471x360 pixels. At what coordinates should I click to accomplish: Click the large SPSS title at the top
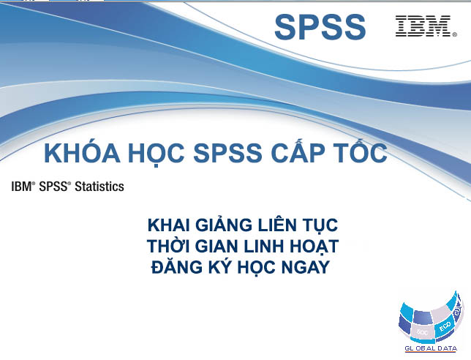click(320, 27)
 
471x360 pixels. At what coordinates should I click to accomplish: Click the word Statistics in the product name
click(99, 187)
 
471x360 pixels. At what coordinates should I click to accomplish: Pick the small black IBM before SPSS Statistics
click(22, 187)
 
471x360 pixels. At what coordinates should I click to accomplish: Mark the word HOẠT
click(314, 247)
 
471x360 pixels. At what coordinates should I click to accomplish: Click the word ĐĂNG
click(177, 266)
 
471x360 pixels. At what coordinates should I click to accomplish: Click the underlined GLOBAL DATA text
click(431, 348)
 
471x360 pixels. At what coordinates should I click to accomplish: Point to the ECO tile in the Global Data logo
click(445, 326)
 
